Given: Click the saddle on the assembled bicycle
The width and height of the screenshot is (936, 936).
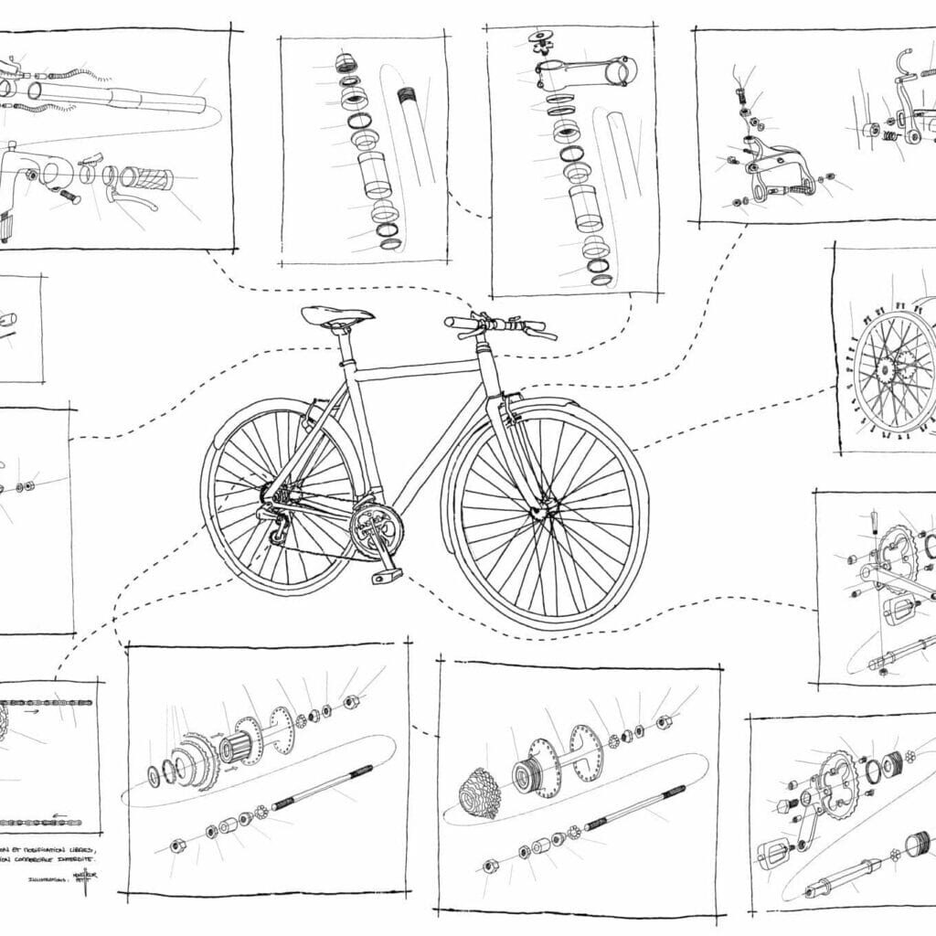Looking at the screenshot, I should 337,316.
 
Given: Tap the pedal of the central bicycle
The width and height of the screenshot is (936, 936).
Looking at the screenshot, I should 386,576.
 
